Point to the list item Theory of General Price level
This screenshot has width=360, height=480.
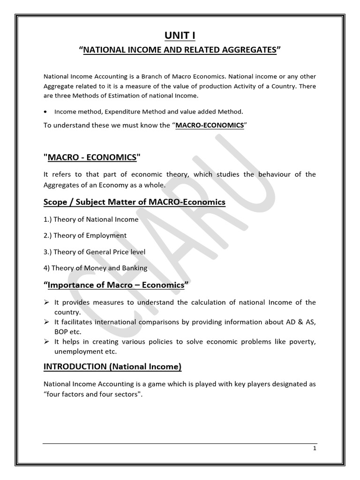(x=94, y=252)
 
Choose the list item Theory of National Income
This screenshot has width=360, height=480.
(x=91, y=219)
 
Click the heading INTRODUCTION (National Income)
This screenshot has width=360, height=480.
(x=112, y=367)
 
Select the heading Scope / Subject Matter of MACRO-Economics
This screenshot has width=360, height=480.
(x=134, y=202)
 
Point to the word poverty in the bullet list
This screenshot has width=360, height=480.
(x=303, y=342)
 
